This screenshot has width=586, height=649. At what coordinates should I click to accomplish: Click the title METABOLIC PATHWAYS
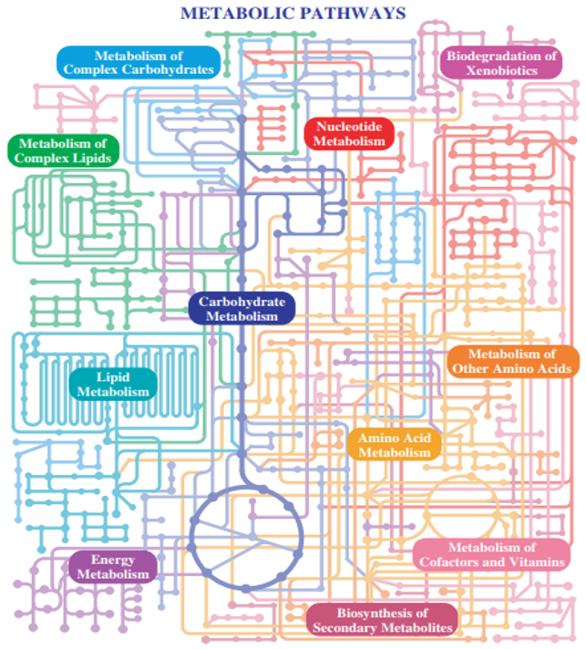pos(293,14)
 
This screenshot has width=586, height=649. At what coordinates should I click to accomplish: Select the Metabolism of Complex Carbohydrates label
pos(139,63)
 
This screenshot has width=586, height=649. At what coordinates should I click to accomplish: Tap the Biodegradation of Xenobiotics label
pos(501,63)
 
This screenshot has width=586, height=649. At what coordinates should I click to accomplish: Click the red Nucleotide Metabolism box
pos(349,134)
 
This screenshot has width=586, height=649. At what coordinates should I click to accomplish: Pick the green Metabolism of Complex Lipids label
pos(63,150)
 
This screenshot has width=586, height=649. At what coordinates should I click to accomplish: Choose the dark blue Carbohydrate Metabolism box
pos(242,309)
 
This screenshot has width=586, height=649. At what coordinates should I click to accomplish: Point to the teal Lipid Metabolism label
pos(113,385)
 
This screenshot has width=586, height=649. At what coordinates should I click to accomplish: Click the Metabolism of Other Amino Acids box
pos(512,361)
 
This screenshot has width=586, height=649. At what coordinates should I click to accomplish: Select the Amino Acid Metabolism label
pos(395,446)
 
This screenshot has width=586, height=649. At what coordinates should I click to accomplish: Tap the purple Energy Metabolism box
pos(113,567)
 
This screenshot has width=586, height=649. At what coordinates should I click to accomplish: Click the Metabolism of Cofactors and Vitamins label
pos(491,554)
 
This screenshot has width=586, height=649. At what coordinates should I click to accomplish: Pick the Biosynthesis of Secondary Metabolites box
pos(383,620)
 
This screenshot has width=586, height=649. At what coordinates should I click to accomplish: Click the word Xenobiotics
pos(501,70)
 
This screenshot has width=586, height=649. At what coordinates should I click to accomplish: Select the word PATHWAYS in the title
pos(353,14)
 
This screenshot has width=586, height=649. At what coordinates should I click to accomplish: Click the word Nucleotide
pos(349,126)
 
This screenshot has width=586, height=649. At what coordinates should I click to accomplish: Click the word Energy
pos(113,560)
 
